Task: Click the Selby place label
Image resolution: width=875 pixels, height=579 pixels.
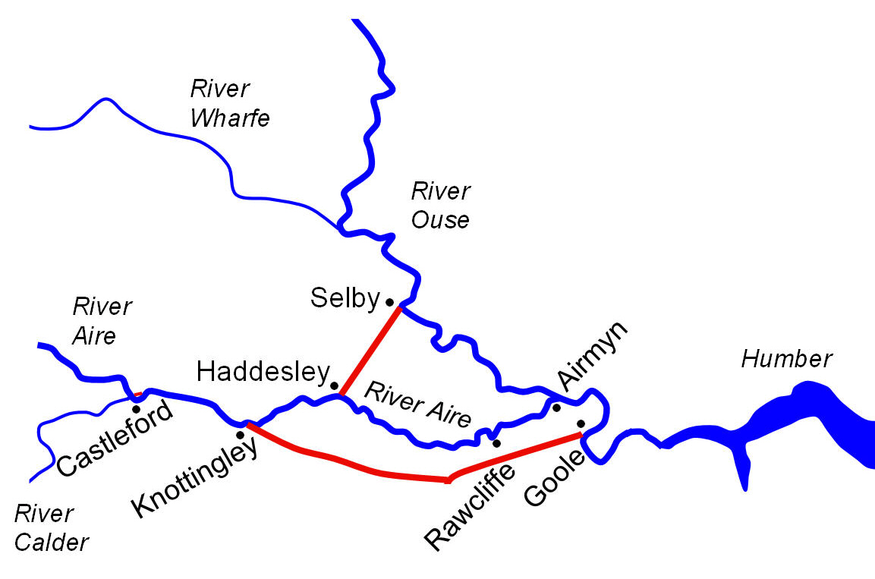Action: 344,298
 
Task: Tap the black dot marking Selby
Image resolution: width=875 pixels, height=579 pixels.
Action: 389,301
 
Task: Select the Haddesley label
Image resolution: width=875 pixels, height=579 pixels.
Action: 262,371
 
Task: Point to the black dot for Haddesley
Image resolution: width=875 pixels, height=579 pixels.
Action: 334,385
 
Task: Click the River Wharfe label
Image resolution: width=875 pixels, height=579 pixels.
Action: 229,103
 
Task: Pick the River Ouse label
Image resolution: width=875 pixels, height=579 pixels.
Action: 440,205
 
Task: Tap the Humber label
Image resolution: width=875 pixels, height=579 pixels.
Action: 787,358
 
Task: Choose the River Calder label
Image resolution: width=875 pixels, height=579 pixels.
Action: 51,527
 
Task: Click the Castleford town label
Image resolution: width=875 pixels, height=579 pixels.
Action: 114,438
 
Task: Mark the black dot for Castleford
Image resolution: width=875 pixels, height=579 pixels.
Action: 137,409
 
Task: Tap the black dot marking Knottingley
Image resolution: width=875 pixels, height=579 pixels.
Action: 241,435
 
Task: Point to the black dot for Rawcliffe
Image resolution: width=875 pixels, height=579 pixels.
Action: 496,442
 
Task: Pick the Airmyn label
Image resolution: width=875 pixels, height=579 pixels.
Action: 592,354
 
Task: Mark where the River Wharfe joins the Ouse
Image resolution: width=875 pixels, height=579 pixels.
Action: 338,225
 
